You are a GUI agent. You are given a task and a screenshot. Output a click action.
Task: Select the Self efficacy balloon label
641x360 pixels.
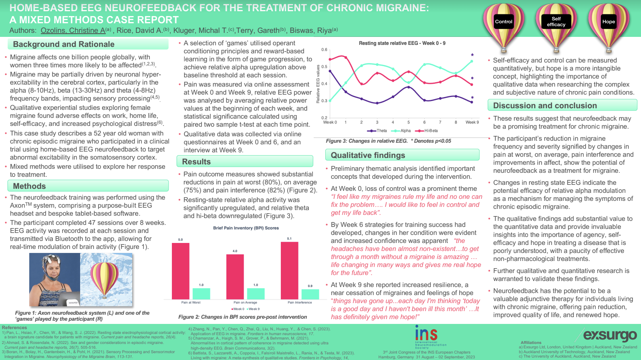point(556,22)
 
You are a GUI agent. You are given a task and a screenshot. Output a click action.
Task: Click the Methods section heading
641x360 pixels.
point(29,186)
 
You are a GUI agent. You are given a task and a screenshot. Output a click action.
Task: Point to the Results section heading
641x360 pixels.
point(196,162)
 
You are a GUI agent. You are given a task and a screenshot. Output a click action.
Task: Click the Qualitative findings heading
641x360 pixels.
point(368,155)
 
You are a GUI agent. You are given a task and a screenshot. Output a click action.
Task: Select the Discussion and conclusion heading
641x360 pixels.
point(545,105)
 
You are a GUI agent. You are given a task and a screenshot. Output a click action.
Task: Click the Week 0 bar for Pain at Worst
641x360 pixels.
point(181,271)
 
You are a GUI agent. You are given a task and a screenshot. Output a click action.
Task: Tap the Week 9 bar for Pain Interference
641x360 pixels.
point(310,294)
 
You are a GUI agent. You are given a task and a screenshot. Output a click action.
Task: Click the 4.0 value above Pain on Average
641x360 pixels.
point(235,251)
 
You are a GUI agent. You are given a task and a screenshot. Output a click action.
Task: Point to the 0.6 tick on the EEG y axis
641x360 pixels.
point(324,50)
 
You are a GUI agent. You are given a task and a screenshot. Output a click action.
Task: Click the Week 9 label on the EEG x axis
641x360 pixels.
point(472,122)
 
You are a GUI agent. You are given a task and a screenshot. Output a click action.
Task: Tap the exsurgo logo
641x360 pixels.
point(610,335)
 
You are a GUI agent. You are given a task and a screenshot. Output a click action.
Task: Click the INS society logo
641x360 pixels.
point(426,335)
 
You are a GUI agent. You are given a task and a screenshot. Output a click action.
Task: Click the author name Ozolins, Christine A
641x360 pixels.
point(73,30)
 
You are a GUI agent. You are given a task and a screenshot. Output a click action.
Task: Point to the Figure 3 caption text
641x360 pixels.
point(388,141)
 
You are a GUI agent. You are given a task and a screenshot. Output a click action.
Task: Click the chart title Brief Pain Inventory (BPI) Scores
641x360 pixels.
point(246,228)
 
